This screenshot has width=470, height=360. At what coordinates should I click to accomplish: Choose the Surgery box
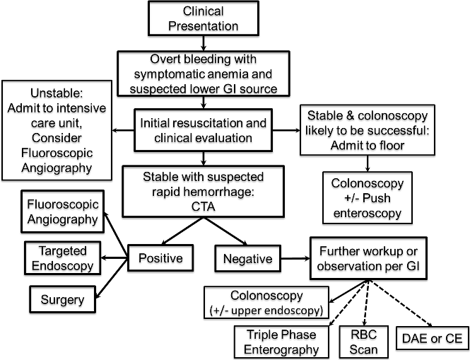point(62,299)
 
